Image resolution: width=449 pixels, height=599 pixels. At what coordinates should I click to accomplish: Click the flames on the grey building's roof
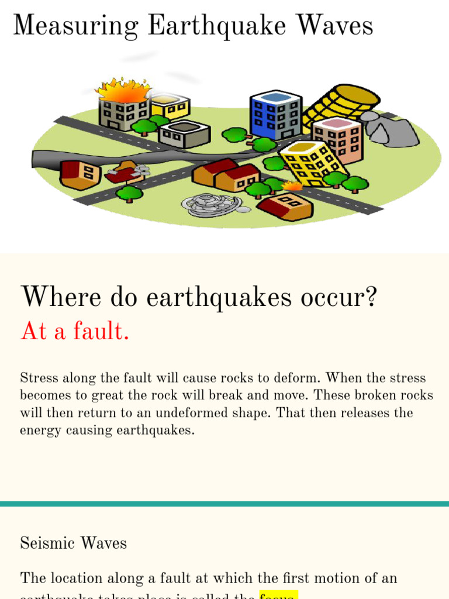(122, 91)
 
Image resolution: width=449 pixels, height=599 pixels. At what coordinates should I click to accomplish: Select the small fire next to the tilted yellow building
(292, 186)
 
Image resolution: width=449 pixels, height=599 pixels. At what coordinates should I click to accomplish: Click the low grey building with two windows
(184, 134)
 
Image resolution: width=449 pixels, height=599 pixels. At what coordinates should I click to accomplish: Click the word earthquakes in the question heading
(229, 297)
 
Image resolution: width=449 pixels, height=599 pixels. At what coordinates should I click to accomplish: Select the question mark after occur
(370, 297)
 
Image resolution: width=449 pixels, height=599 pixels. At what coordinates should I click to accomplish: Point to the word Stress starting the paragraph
(39, 378)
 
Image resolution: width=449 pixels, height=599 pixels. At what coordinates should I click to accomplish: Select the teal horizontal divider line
(224, 504)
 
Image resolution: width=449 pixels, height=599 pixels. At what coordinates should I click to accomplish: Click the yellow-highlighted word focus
(278, 594)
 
